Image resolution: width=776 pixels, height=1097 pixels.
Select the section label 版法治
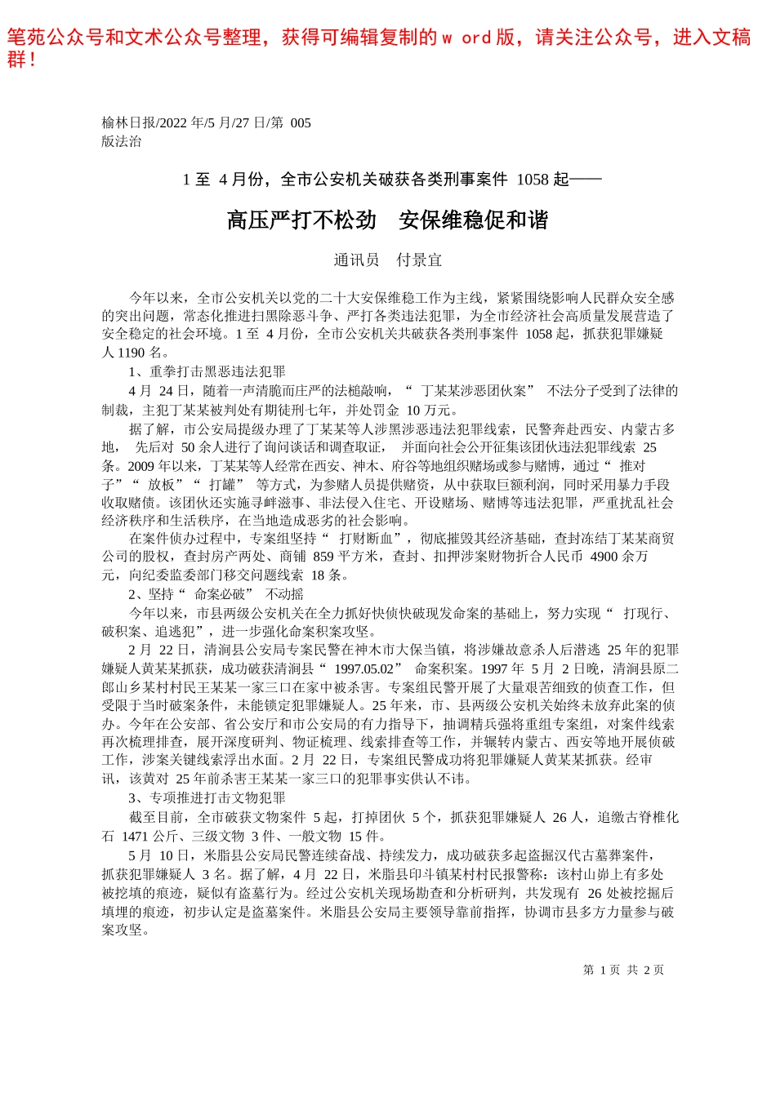pos(122,141)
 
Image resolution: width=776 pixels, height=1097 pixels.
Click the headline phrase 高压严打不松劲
pos(301,220)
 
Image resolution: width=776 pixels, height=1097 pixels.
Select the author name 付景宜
pos(419,260)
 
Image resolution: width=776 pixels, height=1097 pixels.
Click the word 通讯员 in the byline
pos(356,260)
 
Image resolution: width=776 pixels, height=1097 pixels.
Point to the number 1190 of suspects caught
pos(132,353)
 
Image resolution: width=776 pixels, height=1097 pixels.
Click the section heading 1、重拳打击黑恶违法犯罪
pos(207,372)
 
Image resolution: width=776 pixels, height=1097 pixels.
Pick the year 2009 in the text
pos(137,466)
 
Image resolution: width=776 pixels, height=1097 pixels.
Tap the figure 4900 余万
pos(619,557)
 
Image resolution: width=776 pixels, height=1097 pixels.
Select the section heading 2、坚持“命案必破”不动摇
pos(216,594)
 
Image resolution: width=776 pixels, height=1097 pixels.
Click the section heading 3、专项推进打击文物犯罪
pos(207,798)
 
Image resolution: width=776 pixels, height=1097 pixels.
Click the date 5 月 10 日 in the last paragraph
pos(151,855)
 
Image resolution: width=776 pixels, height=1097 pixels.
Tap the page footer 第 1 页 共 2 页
pos(623,970)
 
